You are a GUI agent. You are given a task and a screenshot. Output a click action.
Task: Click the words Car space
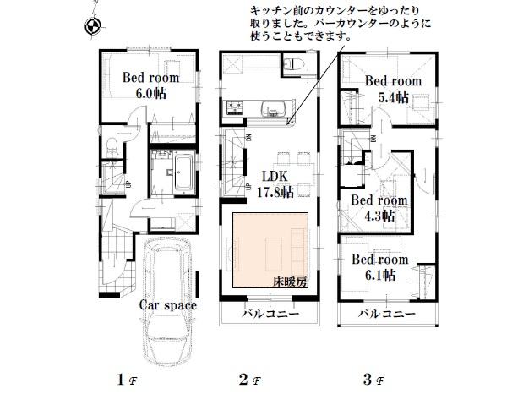pos(169,305)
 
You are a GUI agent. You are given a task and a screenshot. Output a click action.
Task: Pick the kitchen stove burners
pos(233,107)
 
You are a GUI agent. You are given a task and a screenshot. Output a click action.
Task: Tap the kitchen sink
pos(274,107)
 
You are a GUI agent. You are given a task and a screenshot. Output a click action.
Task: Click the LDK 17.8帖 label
pos(275,184)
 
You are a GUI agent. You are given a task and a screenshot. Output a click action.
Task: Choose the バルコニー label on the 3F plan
pos(387,313)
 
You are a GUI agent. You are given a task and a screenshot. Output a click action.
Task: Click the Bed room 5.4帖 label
pos(393,89)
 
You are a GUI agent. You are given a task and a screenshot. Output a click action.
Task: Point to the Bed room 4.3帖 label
pos(379,208)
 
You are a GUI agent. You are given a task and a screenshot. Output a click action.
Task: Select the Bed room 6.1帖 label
pos(380,267)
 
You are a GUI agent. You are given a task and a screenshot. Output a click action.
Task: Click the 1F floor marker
pos(124,379)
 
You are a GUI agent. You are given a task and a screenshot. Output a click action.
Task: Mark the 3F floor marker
pos(371,379)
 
